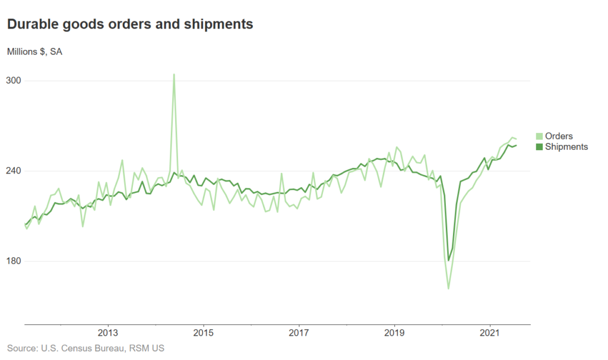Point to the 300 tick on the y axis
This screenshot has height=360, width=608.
click(x=14, y=81)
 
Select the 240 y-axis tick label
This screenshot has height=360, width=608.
click(x=14, y=171)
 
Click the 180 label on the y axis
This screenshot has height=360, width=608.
click(x=14, y=261)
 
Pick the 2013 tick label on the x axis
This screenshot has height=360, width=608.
click(x=107, y=333)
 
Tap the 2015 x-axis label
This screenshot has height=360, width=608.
click(x=203, y=333)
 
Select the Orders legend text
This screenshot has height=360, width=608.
click(x=559, y=136)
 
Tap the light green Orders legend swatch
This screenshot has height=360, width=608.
click(x=539, y=136)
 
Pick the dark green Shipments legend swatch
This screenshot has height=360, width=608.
click(x=539, y=146)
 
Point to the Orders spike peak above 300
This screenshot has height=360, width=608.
click(x=174, y=75)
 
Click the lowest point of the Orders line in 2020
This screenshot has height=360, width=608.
click(x=448, y=288)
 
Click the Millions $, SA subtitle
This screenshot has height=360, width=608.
click(x=34, y=51)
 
